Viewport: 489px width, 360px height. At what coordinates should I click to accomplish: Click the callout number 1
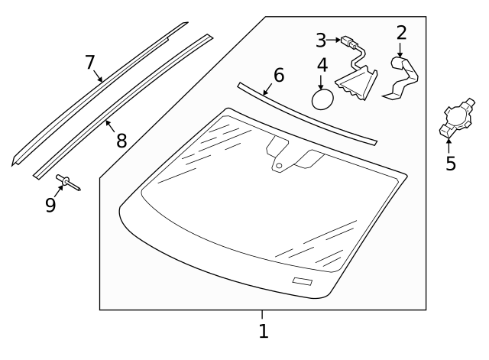(x=263, y=332)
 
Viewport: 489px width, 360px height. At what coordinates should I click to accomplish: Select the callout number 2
(x=401, y=33)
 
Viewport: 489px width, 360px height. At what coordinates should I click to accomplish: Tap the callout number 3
(x=321, y=40)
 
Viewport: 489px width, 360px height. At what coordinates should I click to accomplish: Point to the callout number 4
(x=322, y=65)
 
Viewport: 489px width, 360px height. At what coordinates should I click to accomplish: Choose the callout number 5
(x=451, y=164)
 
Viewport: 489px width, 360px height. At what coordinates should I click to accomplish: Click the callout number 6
(x=278, y=75)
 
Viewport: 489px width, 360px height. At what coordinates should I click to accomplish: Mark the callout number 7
(x=89, y=61)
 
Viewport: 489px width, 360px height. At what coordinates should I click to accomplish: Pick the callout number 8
(x=121, y=140)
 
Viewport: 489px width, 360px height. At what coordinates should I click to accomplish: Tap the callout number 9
(x=50, y=205)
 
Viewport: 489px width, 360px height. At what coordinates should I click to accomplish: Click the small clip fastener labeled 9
(x=66, y=181)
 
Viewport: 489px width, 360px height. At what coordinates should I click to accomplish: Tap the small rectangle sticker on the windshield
(x=303, y=282)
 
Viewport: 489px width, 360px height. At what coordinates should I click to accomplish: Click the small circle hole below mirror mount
(x=280, y=165)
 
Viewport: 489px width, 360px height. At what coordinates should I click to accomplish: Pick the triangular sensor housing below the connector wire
(x=358, y=81)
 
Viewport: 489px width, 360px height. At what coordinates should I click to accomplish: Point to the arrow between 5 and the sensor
(x=449, y=145)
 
